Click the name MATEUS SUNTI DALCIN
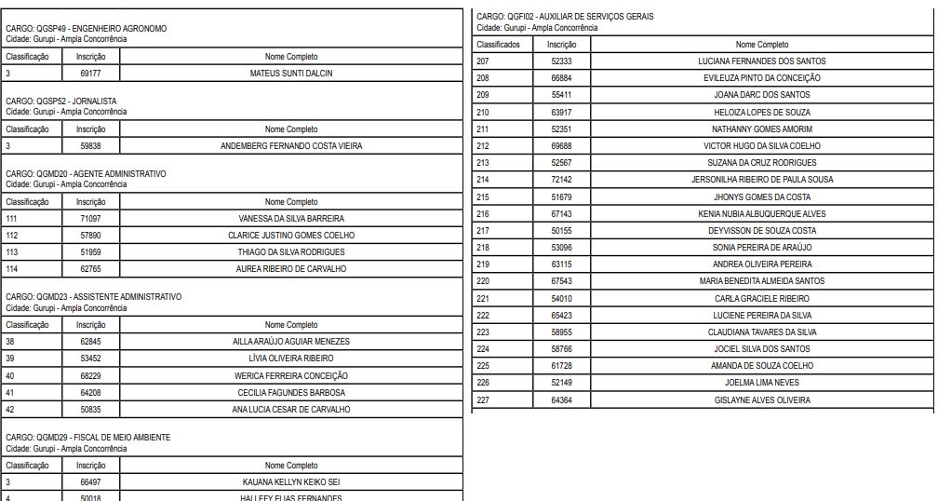(291, 73)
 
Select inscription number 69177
(90, 73)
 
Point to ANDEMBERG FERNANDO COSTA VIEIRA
(291, 146)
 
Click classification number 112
(12, 236)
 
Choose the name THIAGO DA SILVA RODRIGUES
(291, 252)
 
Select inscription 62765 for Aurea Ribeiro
(90, 269)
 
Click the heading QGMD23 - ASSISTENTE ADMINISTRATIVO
(94, 297)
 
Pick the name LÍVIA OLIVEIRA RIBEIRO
(291, 359)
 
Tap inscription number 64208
(90, 392)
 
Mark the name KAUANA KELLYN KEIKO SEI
(291, 482)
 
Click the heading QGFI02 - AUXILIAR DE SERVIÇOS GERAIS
(565, 17)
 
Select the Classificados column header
(498, 45)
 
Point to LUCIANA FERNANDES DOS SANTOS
(761, 61)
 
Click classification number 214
(483, 180)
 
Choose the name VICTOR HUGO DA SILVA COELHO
(761, 146)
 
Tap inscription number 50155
(561, 231)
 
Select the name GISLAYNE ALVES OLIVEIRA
(761, 400)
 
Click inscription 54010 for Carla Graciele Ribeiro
(561, 299)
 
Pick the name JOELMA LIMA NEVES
(761, 383)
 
